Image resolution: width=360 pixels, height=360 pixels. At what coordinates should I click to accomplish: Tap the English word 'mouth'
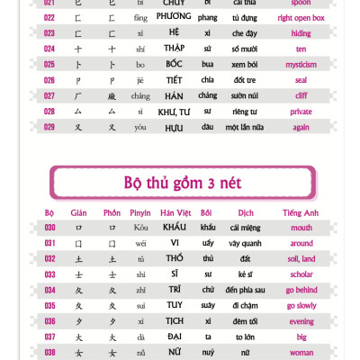click(301, 228)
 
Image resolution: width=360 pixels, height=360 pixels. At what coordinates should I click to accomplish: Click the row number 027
click(49, 95)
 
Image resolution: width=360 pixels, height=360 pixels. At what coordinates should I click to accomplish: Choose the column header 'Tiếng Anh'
click(301, 213)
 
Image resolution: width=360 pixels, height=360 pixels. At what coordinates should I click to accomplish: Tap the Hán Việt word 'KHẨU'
click(175, 228)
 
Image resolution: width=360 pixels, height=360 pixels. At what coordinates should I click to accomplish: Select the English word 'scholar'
click(301, 274)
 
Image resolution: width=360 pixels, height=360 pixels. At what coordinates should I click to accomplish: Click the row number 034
click(49, 290)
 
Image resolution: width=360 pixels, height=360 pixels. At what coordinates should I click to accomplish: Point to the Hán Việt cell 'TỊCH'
click(175, 321)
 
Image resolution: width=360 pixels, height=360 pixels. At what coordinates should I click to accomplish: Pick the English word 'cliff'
click(301, 95)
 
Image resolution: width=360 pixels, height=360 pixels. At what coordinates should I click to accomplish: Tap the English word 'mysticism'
click(301, 65)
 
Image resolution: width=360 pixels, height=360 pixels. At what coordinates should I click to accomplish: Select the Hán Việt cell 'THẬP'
click(175, 49)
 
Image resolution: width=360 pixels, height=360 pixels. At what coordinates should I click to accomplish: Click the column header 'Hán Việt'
click(175, 213)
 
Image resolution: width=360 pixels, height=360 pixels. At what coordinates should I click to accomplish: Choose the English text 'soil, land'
click(301, 259)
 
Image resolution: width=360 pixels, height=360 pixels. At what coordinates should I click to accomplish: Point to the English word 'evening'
click(301, 321)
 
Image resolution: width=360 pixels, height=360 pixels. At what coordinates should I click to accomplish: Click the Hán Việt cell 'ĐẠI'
click(175, 337)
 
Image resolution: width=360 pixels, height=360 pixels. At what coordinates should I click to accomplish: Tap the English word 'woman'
click(301, 353)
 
